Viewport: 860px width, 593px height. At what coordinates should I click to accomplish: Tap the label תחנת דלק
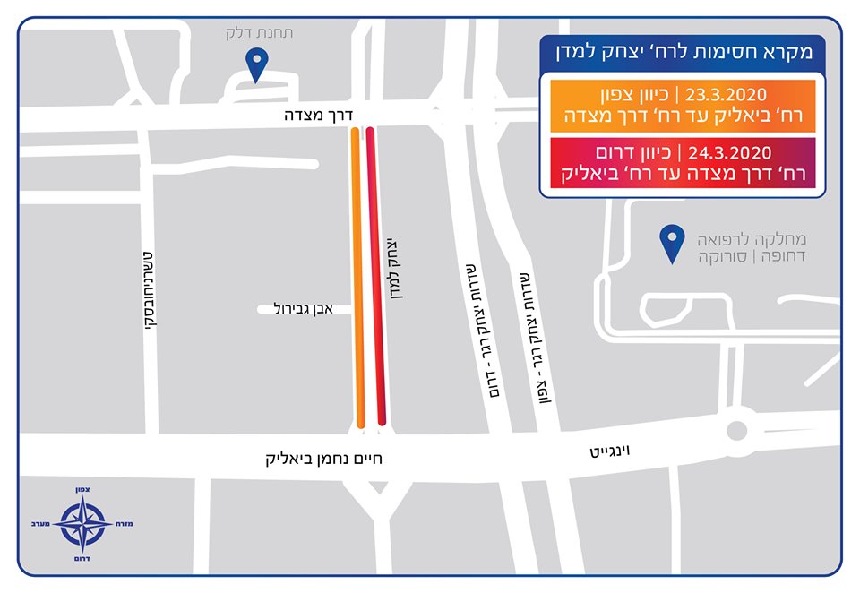point(259,33)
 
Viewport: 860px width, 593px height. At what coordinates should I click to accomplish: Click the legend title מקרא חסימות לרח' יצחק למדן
point(689,53)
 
